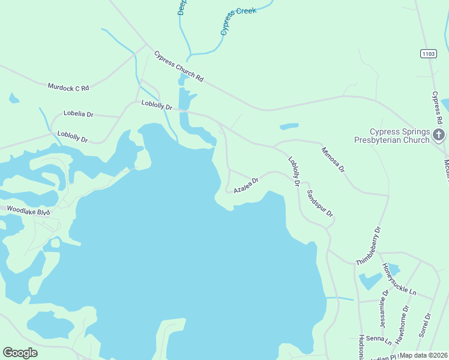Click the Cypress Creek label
[238, 21]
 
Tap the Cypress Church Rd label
[179, 66]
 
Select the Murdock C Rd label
[68, 87]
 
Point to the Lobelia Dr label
[78, 113]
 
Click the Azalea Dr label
[246, 184]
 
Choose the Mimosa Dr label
[333, 160]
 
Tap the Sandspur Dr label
[319, 203]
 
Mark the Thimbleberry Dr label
[368, 246]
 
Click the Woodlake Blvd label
[28, 211]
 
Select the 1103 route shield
[427, 54]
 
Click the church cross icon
[439, 135]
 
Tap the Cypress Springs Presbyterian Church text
[399, 136]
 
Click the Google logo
[20, 353]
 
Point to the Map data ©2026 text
[423, 355]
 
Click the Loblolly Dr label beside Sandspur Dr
[294, 171]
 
